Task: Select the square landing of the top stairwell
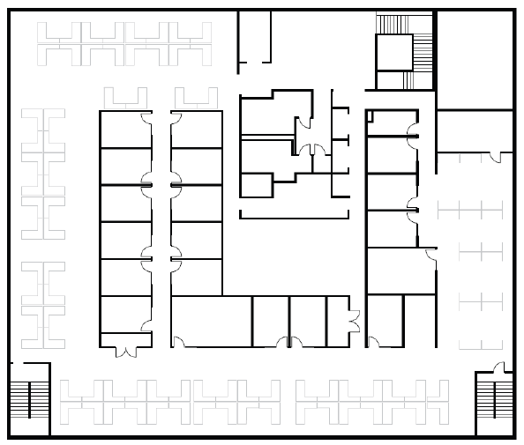click(394, 52)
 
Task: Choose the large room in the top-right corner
click(475, 59)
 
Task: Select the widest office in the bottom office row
click(211, 322)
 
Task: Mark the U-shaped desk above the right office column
click(196, 98)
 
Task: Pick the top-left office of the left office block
click(124, 130)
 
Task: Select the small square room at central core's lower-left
click(256, 185)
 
